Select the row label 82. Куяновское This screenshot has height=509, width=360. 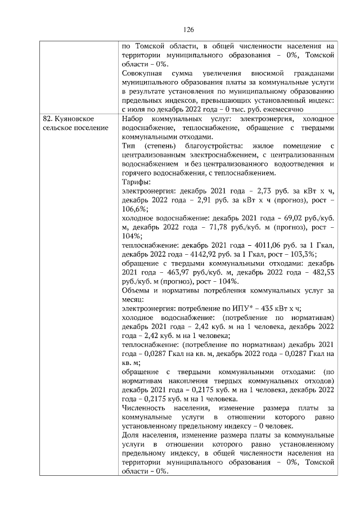click(x=68, y=119)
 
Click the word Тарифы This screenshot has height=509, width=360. click(x=134, y=182)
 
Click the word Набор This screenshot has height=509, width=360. click(x=134, y=119)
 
